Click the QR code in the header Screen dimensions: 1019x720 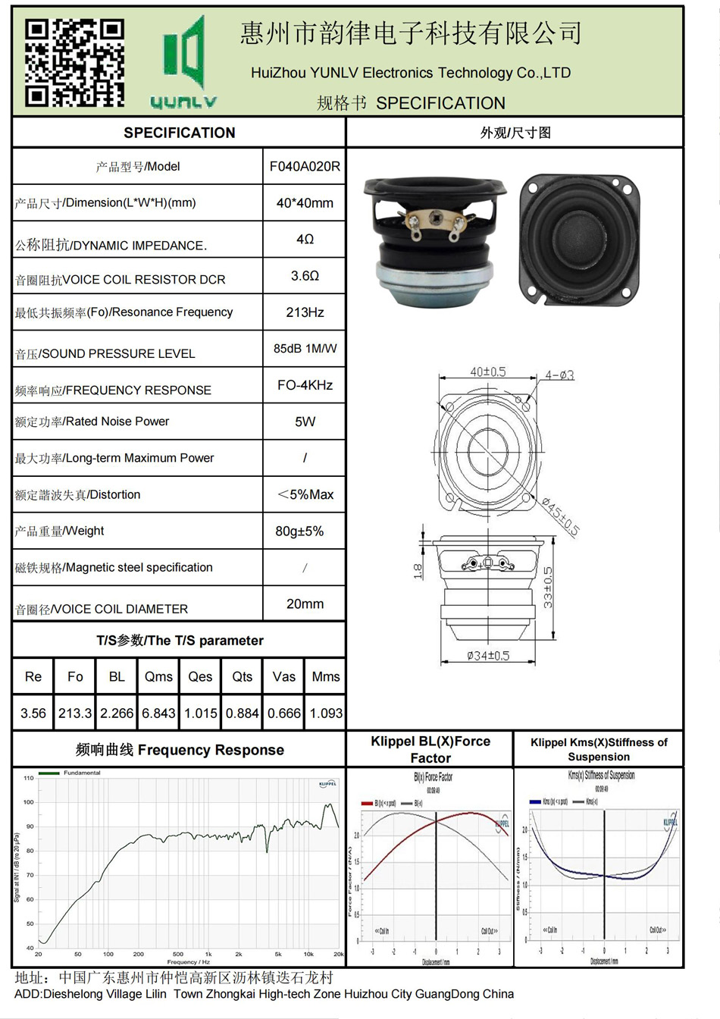74,62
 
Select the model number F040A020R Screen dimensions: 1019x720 305,166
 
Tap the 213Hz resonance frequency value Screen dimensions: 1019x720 305,312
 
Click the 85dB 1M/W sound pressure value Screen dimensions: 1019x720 305,349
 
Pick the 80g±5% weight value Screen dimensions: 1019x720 299,531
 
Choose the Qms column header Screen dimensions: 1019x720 158,677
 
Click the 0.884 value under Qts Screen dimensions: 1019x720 243,713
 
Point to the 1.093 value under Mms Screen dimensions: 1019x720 326,713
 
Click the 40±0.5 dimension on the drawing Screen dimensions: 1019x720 487,372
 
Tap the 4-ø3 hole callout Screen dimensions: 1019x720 560,375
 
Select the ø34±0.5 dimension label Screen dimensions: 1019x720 487,655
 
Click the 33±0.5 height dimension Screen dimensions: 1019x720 548,588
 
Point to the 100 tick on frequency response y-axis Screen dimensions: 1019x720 29,802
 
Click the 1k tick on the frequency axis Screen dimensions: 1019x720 208,955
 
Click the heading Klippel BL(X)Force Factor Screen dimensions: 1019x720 430,749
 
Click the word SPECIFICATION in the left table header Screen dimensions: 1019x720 180,133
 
